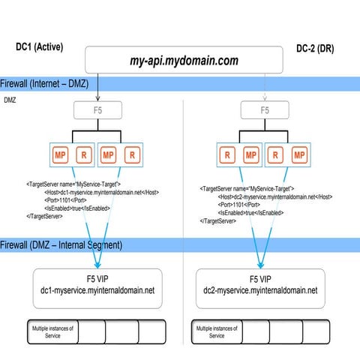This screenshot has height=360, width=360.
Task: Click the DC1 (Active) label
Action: point(40,47)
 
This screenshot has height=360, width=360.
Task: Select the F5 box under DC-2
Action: point(264,110)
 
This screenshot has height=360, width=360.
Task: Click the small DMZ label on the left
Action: point(10,99)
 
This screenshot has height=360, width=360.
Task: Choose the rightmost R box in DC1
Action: point(132,155)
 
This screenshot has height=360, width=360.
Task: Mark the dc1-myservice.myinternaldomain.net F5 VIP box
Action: point(97,283)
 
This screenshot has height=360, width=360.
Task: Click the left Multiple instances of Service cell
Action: point(50,331)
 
